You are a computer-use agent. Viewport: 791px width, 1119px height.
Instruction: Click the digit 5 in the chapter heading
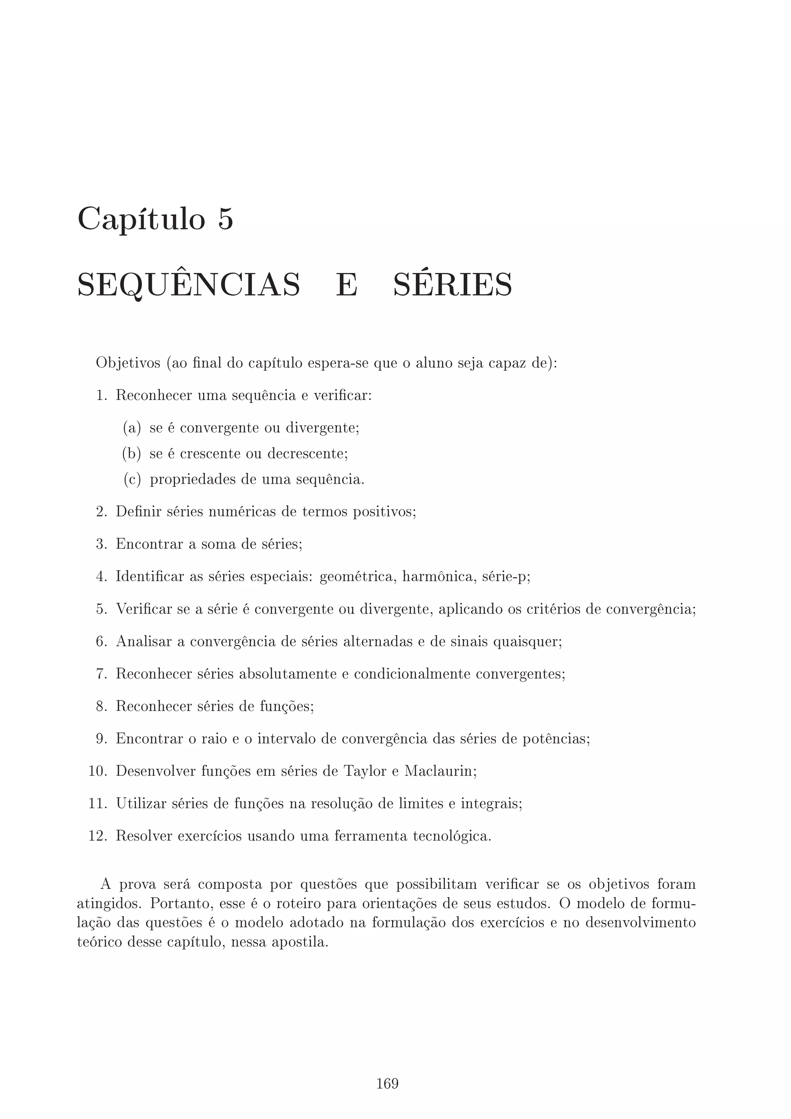tap(225, 219)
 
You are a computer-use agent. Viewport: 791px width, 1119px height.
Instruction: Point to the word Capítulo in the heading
tap(141, 219)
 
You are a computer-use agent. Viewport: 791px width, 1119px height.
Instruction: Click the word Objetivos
tap(128, 364)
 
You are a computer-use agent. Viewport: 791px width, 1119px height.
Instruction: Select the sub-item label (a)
tap(132, 428)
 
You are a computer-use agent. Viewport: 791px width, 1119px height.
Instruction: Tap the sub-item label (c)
tap(132, 480)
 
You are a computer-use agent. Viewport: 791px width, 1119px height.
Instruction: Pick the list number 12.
tap(97, 836)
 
